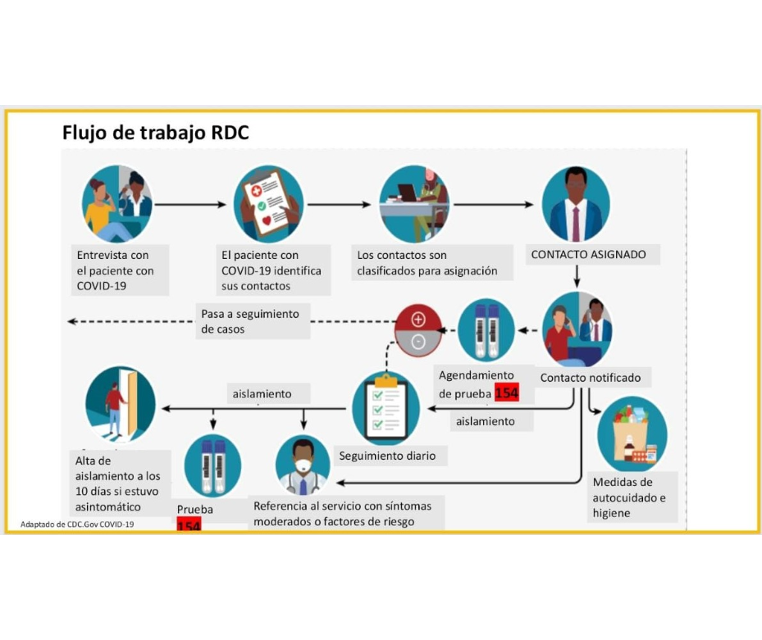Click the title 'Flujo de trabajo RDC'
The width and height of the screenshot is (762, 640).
[x=155, y=132]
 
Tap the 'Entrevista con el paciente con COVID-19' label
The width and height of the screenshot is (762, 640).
[x=116, y=270]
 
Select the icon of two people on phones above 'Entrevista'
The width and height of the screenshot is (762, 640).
[x=117, y=204]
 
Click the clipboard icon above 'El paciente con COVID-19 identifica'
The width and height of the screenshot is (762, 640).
[x=268, y=205]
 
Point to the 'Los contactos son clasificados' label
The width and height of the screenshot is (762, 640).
[x=427, y=263]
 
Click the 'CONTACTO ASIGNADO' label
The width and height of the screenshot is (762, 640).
[x=588, y=254]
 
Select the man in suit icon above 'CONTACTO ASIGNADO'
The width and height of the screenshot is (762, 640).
[x=576, y=205]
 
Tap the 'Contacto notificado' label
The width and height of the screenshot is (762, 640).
[x=591, y=378]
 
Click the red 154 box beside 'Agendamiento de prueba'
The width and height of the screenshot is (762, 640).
[x=507, y=393]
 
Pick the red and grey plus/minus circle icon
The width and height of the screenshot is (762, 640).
[x=418, y=330]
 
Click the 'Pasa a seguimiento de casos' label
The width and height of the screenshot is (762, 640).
[x=250, y=321]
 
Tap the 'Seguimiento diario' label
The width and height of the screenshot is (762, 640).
[x=387, y=456]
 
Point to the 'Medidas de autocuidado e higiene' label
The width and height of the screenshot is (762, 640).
[x=629, y=497]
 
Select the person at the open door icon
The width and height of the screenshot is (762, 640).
[x=120, y=403]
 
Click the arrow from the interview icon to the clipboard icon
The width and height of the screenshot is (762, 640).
[x=189, y=204]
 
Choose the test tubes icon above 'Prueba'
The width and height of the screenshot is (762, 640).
[x=212, y=465]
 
